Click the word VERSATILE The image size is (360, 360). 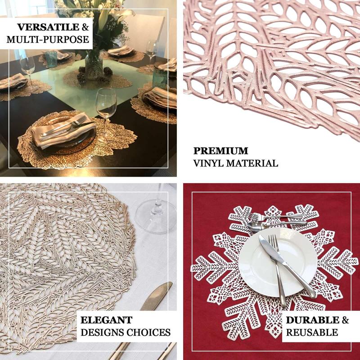tap(48, 27)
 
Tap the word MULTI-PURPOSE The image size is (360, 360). tap(48, 40)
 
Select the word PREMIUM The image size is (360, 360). tap(220, 151)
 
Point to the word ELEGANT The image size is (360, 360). tap(107, 320)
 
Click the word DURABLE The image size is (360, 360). tap(312, 320)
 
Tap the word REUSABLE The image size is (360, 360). tap(312, 333)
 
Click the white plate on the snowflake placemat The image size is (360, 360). tap(278, 262)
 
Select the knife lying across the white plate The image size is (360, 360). tap(287, 266)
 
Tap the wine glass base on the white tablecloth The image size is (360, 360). tap(156, 216)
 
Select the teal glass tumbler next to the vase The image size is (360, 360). tap(51, 59)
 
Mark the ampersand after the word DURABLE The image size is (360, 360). tap(345, 320)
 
